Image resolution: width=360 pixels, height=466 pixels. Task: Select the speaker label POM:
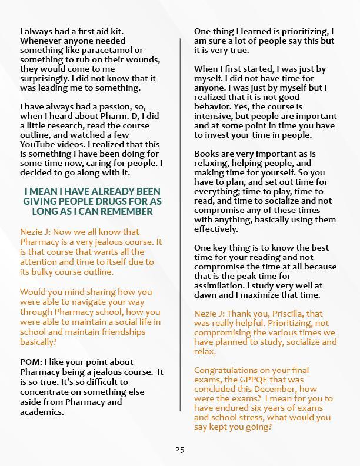tap(31, 362)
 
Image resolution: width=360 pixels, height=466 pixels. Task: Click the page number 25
tap(180, 450)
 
